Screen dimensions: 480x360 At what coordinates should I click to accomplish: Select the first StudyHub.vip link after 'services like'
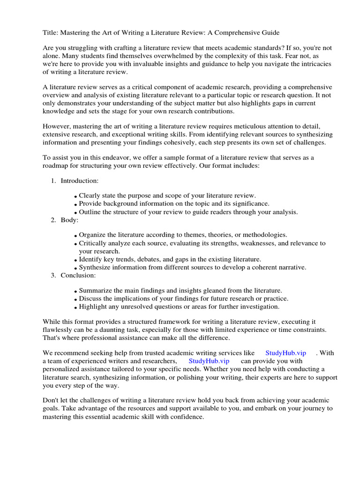tap(285, 352)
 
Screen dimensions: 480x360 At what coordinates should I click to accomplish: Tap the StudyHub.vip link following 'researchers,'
tap(209, 361)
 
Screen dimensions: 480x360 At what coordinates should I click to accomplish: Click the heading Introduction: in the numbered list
tap(79, 180)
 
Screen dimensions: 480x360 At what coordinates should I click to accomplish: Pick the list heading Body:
tap(69, 220)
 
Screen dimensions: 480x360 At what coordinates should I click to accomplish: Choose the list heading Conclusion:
tap(78, 275)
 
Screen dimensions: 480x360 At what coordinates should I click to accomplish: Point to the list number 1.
tap(53, 180)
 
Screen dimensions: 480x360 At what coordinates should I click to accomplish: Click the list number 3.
tap(53, 275)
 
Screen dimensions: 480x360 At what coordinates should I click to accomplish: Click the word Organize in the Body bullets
tap(93, 234)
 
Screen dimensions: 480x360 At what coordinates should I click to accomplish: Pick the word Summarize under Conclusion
tap(95, 291)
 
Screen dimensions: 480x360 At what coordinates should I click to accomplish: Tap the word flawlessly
tap(58, 330)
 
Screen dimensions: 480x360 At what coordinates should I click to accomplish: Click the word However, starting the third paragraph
tap(58, 127)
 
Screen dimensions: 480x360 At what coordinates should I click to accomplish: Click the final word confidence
tap(186, 417)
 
